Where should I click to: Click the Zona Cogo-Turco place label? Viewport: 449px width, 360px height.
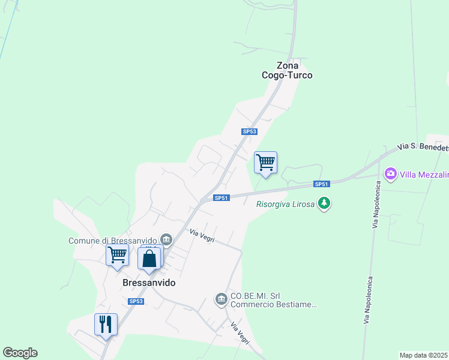(287, 70)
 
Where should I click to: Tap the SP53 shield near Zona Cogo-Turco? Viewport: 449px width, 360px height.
(250, 131)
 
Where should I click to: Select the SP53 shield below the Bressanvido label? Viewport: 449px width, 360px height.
(136, 301)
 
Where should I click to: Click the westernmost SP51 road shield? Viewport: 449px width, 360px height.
(221, 197)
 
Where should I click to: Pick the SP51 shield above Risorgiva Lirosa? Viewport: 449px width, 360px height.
(322, 184)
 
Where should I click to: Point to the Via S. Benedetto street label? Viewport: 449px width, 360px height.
(423, 147)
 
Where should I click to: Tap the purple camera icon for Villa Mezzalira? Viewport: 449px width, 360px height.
(391, 173)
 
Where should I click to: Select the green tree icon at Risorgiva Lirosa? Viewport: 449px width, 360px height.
(324, 203)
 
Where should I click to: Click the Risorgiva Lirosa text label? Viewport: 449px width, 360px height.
(286, 203)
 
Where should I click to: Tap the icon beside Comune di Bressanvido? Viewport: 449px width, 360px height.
(167, 240)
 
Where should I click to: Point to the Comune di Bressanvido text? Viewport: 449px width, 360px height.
(112, 240)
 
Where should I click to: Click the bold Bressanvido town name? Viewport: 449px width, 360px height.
(149, 282)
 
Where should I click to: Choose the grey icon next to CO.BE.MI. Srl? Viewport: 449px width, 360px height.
(221, 298)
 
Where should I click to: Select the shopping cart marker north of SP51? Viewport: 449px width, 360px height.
(265, 162)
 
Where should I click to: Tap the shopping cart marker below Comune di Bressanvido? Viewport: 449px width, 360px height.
(117, 254)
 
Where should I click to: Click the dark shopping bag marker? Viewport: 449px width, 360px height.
(149, 259)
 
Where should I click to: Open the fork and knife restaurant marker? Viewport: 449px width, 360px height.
(106, 324)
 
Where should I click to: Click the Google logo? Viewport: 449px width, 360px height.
(20, 353)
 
